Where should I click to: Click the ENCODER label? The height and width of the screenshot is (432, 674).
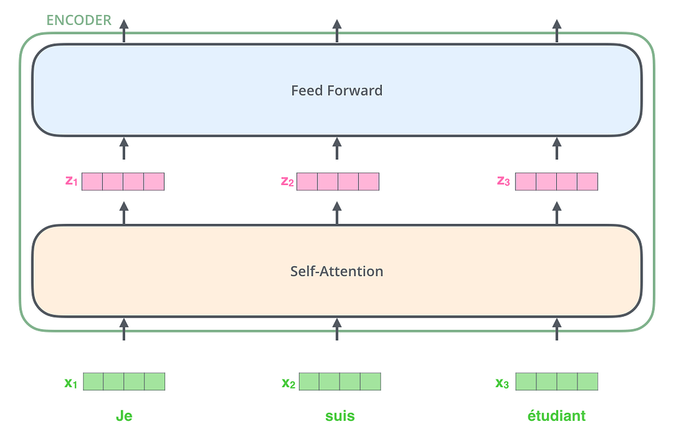click(79, 20)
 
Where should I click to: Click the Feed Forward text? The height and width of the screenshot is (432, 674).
click(336, 90)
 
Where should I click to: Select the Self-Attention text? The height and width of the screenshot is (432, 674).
click(336, 271)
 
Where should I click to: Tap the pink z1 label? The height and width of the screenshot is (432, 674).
click(71, 181)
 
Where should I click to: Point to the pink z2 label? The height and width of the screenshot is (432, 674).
click(287, 182)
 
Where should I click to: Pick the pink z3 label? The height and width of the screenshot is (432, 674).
click(504, 181)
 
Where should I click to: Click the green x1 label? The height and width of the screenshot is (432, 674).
click(70, 383)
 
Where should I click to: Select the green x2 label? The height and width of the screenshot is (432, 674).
click(288, 383)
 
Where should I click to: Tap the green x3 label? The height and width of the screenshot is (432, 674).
click(502, 383)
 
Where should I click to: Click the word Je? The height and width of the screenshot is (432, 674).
click(124, 416)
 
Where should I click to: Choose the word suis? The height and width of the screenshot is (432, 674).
click(340, 416)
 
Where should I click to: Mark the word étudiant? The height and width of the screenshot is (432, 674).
click(556, 416)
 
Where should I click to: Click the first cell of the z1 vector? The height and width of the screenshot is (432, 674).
click(92, 182)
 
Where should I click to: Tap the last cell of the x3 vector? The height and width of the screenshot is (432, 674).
click(588, 382)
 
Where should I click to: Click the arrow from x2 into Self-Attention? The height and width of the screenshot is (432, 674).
click(337, 329)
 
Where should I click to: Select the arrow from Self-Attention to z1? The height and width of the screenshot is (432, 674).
click(124, 213)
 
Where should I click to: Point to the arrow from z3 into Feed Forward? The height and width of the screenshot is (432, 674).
click(557, 148)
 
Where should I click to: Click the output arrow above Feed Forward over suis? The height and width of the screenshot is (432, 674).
click(337, 30)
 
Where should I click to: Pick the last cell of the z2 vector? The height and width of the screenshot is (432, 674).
click(369, 182)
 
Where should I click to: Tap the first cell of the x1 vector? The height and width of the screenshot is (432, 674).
click(93, 382)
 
